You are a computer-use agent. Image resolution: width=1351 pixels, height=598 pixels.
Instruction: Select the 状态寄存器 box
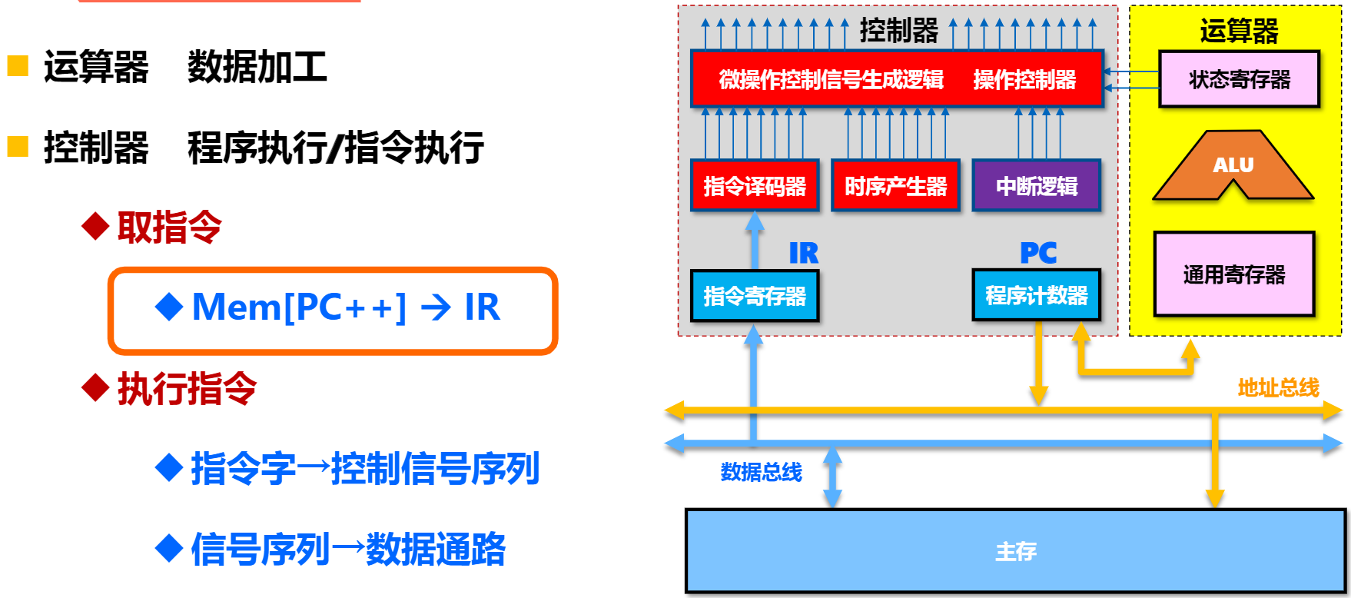point(1239,79)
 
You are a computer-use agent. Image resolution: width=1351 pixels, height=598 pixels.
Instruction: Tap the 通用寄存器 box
point(1234,274)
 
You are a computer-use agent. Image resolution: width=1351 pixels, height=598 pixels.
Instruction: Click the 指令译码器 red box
point(755,185)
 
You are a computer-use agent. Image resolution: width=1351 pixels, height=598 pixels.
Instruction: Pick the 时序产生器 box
point(895,185)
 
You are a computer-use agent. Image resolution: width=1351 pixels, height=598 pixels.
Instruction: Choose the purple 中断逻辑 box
point(1037,185)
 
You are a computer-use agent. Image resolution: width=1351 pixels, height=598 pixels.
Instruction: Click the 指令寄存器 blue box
point(755,295)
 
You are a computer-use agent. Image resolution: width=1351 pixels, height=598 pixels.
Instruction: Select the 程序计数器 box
point(1037,295)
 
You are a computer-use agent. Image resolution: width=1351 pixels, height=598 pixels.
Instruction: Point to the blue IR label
point(804,253)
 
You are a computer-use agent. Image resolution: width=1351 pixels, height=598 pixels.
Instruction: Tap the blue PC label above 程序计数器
point(1038,253)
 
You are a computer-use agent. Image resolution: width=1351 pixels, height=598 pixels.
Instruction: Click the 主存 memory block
point(1015,550)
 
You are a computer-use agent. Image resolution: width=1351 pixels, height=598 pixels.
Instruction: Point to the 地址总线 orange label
point(1278,387)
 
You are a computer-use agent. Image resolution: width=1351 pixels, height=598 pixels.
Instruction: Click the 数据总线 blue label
point(761,471)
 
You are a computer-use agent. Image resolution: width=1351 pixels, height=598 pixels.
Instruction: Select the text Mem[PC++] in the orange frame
point(299,307)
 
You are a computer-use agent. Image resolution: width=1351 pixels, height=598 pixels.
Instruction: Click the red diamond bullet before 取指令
point(95,227)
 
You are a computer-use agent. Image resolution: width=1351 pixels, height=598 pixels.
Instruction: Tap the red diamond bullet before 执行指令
point(95,387)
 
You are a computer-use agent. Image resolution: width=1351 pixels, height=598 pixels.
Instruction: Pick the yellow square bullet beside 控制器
point(18,146)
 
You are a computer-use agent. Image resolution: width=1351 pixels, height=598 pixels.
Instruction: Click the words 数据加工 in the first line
point(257,67)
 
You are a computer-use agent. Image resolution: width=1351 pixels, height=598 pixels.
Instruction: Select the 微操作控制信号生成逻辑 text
point(831,79)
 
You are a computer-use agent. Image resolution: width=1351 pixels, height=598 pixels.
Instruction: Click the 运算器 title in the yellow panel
point(1239,31)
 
